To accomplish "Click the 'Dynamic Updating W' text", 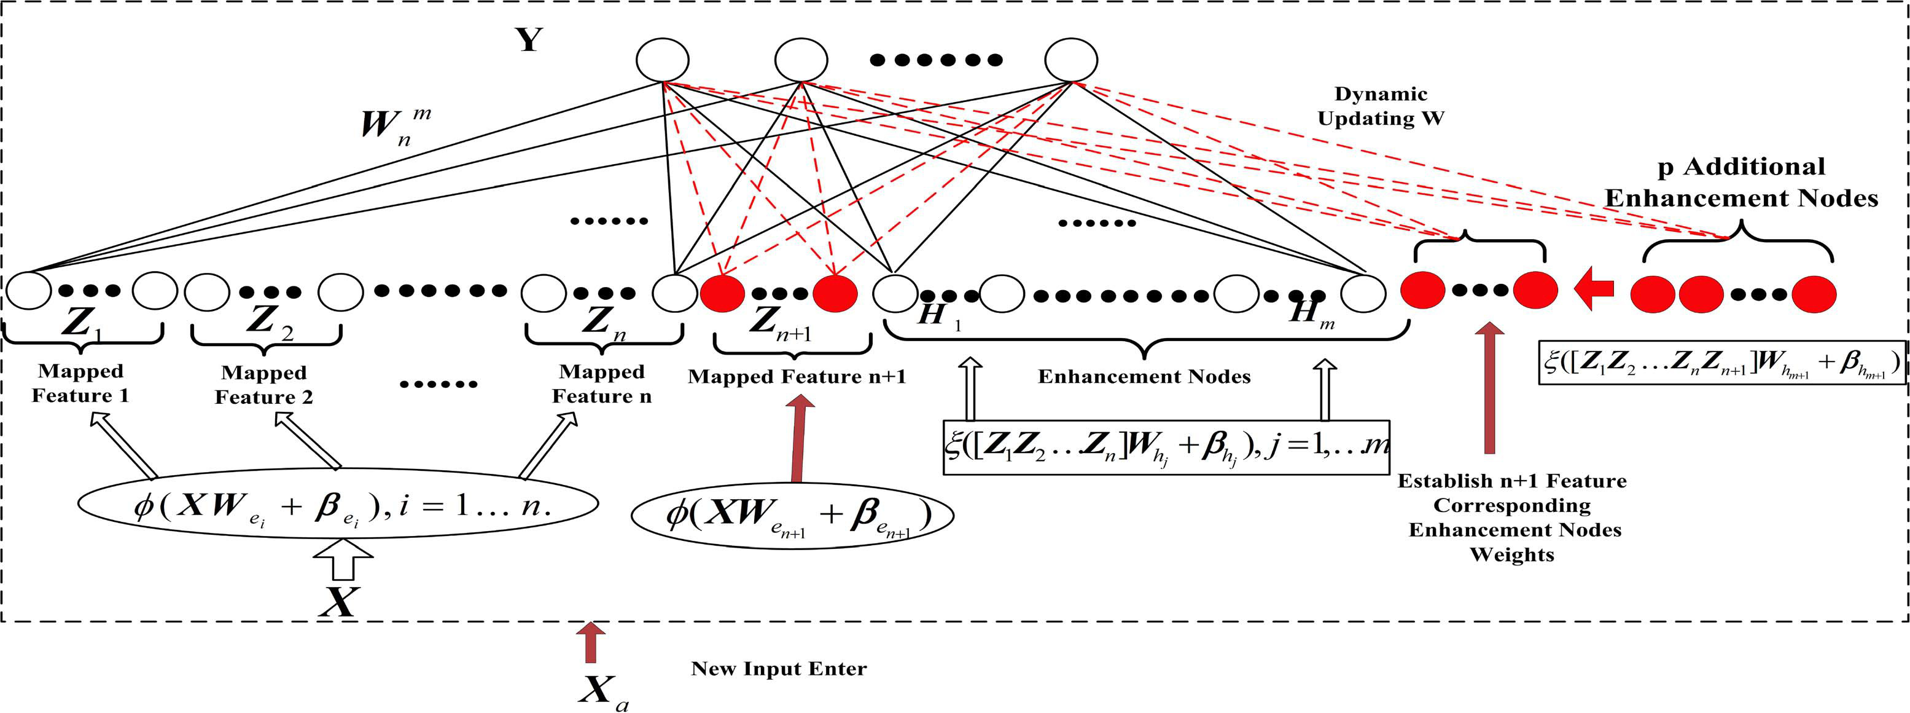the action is click(1381, 106).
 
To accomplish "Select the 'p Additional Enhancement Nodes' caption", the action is click(1741, 183).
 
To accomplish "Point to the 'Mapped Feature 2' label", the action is click(264, 384).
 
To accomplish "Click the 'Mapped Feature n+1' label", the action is click(797, 376).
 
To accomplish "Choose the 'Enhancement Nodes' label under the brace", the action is click(1144, 376).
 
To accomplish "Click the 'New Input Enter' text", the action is click(779, 669).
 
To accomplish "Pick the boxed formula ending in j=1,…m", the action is click(1166, 447).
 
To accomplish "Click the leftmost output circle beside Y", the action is click(662, 60).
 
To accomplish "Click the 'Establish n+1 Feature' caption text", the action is click(1513, 481).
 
